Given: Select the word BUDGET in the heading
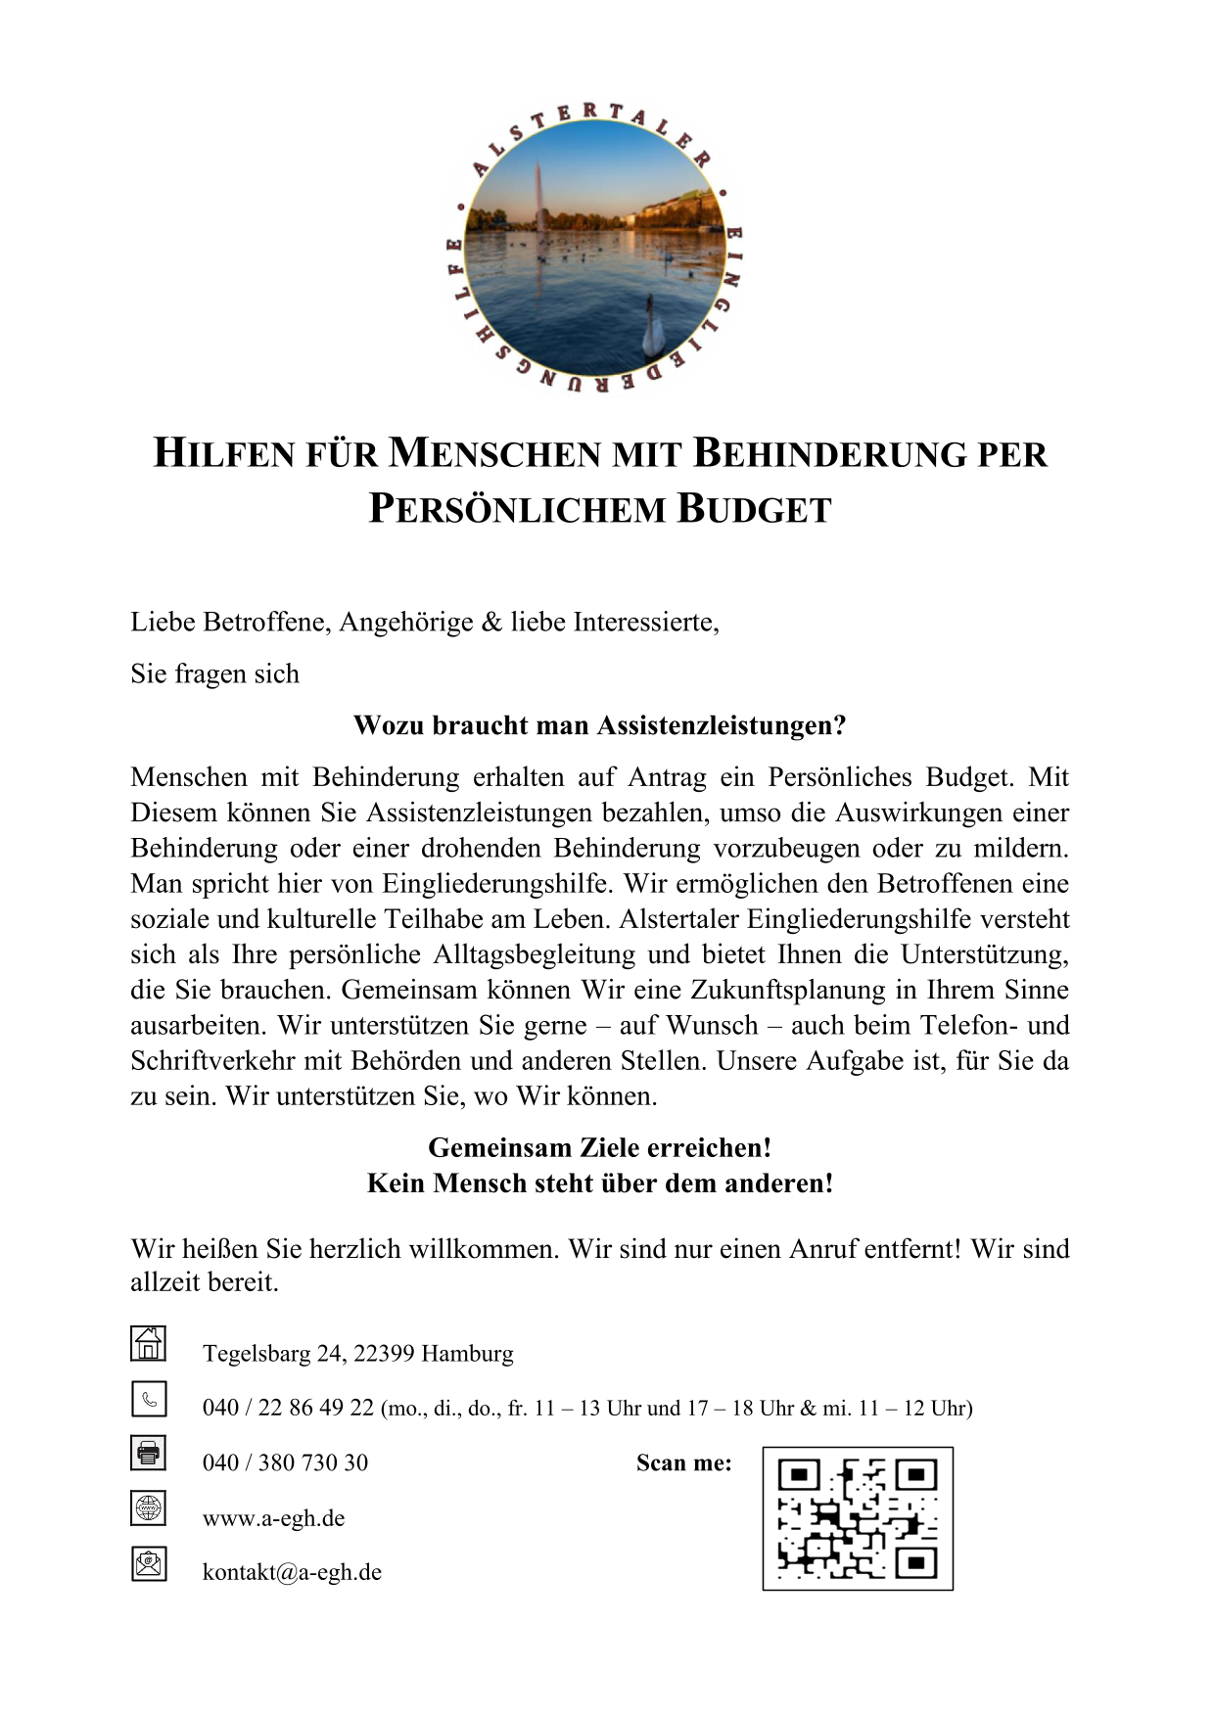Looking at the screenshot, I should pyautogui.click(x=755, y=510).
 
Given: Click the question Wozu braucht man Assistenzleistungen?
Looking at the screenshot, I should pyautogui.click(x=599, y=725).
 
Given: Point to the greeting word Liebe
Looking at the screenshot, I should pyautogui.click(x=163, y=623).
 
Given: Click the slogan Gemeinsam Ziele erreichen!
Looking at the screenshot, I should pyautogui.click(x=599, y=1147).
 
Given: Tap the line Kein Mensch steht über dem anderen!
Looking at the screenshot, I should pyautogui.click(x=599, y=1183).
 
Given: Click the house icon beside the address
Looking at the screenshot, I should pyautogui.click(x=149, y=1343).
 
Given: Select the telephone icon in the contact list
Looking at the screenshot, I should pyautogui.click(x=149, y=1399).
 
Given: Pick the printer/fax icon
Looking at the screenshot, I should pyautogui.click(x=149, y=1453).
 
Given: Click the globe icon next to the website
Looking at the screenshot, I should pyautogui.click(x=149, y=1508).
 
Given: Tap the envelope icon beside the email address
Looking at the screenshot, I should pyautogui.click(x=149, y=1563).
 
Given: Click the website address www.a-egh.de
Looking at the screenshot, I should pyautogui.click(x=273, y=1518).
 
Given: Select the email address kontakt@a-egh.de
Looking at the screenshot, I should pyautogui.click(x=292, y=1572).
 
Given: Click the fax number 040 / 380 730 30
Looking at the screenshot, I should pyautogui.click(x=285, y=1462).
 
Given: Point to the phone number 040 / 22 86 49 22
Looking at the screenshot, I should pyautogui.click(x=288, y=1408).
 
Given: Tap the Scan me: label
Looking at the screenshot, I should pyautogui.click(x=683, y=1462).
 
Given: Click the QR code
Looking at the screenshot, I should pyautogui.click(x=858, y=1518).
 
